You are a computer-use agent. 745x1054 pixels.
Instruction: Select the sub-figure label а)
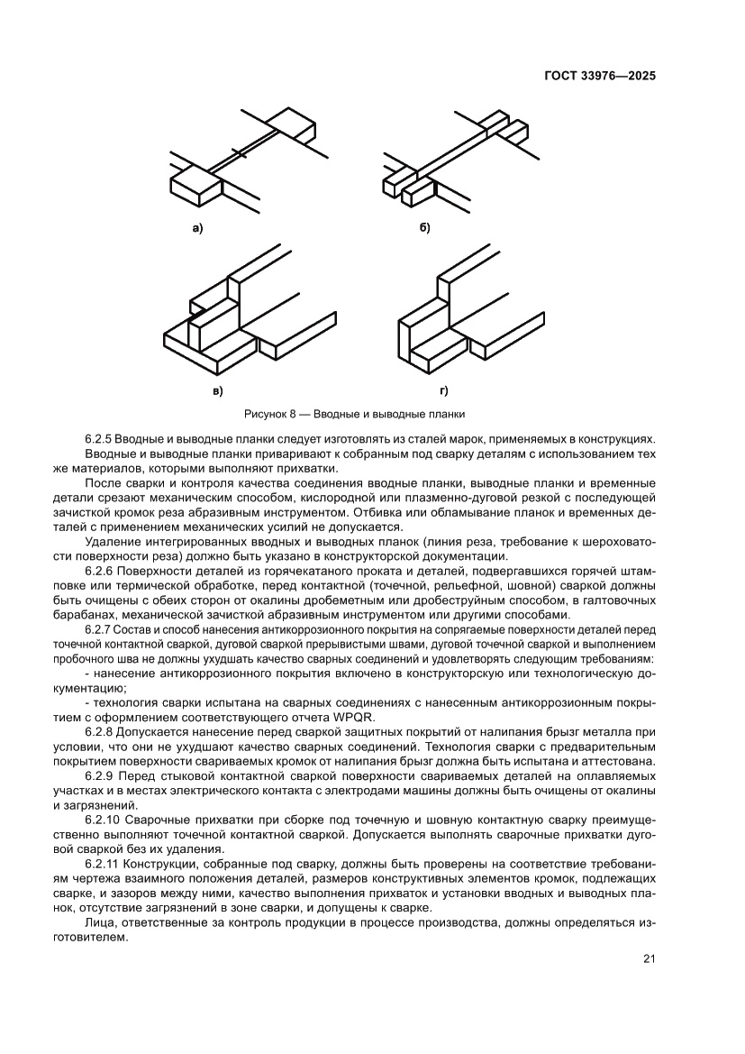pos(197,229)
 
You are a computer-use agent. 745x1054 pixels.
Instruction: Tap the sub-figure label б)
pos(424,229)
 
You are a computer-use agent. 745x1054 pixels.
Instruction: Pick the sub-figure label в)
pos(217,390)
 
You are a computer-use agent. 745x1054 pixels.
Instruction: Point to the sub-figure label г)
pos(443,390)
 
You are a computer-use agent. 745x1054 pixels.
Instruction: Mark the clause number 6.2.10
pos(103,820)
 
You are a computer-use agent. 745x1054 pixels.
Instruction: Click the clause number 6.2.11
pos(103,864)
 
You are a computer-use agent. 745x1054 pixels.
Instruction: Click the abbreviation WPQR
pos(353,718)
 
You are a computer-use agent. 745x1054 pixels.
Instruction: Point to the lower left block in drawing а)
pos(195,184)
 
